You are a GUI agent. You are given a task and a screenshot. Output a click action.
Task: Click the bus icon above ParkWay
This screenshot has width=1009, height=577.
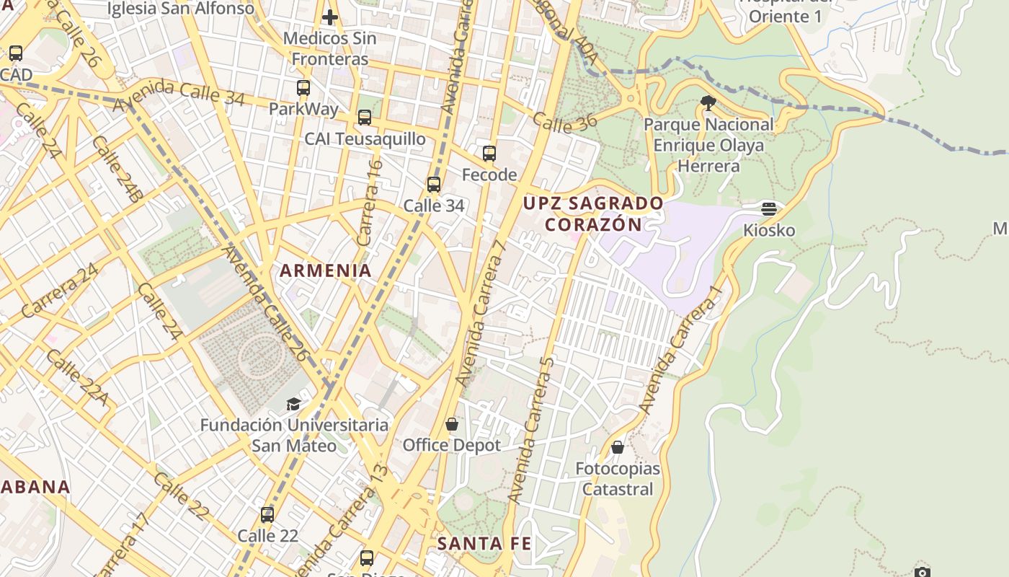(303, 88)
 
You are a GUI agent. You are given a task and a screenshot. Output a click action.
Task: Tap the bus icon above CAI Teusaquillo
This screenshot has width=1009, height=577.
(365, 118)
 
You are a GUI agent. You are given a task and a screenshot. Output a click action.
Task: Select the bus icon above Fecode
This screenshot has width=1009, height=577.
(489, 154)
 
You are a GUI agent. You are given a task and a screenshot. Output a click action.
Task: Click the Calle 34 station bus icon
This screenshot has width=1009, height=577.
(433, 185)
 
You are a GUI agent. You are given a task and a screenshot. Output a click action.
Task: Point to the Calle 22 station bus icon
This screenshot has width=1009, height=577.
(267, 515)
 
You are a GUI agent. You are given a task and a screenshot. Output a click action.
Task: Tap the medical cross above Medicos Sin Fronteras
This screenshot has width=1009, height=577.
(330, 17)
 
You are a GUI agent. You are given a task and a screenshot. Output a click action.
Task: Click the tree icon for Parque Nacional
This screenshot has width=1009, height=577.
(708, 103)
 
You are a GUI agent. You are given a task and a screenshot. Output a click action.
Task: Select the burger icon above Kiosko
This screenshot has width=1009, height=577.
(769, 209)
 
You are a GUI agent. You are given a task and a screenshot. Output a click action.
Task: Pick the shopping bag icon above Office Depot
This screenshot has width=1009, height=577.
(451, 424)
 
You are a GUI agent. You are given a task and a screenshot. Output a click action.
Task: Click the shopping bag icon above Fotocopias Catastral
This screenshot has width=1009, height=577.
(617, 447)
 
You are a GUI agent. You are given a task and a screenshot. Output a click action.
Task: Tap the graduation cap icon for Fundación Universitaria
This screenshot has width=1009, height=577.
(293, 404)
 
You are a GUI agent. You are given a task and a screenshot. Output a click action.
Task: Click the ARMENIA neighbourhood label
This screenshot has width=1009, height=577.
(326, 270)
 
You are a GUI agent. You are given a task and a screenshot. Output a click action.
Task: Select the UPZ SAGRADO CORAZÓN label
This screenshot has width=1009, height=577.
(592, 213)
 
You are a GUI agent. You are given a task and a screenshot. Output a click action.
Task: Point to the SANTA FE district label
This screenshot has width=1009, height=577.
(484, 543)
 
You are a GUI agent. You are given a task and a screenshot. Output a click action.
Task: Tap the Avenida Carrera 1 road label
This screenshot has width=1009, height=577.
(680, 350)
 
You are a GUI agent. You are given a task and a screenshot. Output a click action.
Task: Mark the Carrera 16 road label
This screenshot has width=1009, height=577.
(368, 202)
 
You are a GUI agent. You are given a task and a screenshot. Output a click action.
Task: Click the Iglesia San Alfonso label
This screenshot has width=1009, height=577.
(180, 9)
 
